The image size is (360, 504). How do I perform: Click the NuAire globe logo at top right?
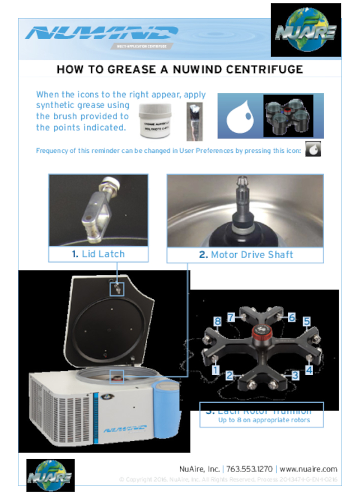[x=306, y=30]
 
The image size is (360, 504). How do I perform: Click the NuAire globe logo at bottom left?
[x=50, y=475]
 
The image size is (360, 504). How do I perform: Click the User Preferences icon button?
[x=313, y=151]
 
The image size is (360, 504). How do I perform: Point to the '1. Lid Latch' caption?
[x=98, y=254]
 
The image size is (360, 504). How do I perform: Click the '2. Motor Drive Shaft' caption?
[x=245, y=255]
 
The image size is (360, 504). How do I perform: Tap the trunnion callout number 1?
[x=216, y=370]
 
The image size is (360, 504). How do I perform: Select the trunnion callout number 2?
[x=230, y=376]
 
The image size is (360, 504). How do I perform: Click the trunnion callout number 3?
[x=295, y=376]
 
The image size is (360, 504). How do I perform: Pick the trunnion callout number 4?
[x=308, y=370]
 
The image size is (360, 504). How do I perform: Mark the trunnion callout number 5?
[x=307, y=321]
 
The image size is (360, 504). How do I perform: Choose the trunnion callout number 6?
[x=292, y=317]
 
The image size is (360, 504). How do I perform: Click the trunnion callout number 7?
[x=231, y=317]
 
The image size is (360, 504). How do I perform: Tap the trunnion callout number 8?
[x=217, y=321]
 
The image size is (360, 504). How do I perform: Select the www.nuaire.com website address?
[x=308, y=469]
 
